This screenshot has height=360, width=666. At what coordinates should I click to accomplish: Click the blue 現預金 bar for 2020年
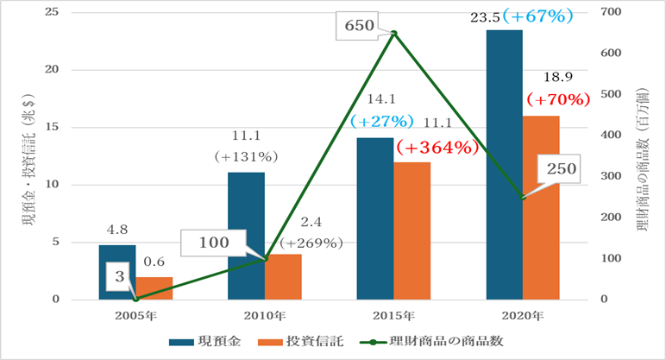pos(505,164)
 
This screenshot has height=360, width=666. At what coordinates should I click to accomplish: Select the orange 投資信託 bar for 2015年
pos(412,231)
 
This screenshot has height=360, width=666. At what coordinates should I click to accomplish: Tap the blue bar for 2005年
pos(117,272)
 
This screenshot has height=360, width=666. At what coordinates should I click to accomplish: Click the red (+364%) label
pos(437,148)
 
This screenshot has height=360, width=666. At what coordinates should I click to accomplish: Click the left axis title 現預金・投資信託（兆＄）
pos(27,156)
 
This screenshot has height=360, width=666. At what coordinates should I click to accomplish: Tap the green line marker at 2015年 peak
pos(393,34)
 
